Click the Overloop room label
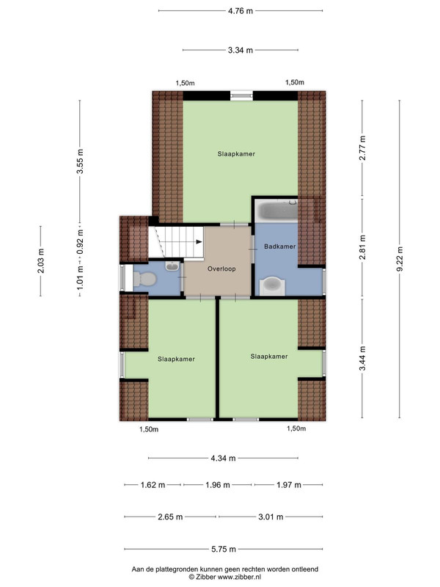[x=221, y=269]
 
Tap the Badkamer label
[x=279, y=247]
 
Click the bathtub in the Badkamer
[x=277, y=211]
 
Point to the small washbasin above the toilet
[x=172, y=266]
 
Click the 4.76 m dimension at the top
[x=241, y=11]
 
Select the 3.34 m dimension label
[x=241, y=50]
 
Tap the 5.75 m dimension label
[x=224, y=549]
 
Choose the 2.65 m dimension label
[x=170, y=517]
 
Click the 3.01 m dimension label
[x=271, y=517]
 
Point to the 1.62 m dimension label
[x=153, y=485]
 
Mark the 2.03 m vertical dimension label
[x=41, y=261]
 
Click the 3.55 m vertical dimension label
[x=80, y=161]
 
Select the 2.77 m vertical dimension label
[x=362, y=148]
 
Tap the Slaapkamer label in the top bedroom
[x=236, y=154]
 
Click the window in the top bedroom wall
[x=241, y=96]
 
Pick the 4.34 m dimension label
[x=223, y=458]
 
